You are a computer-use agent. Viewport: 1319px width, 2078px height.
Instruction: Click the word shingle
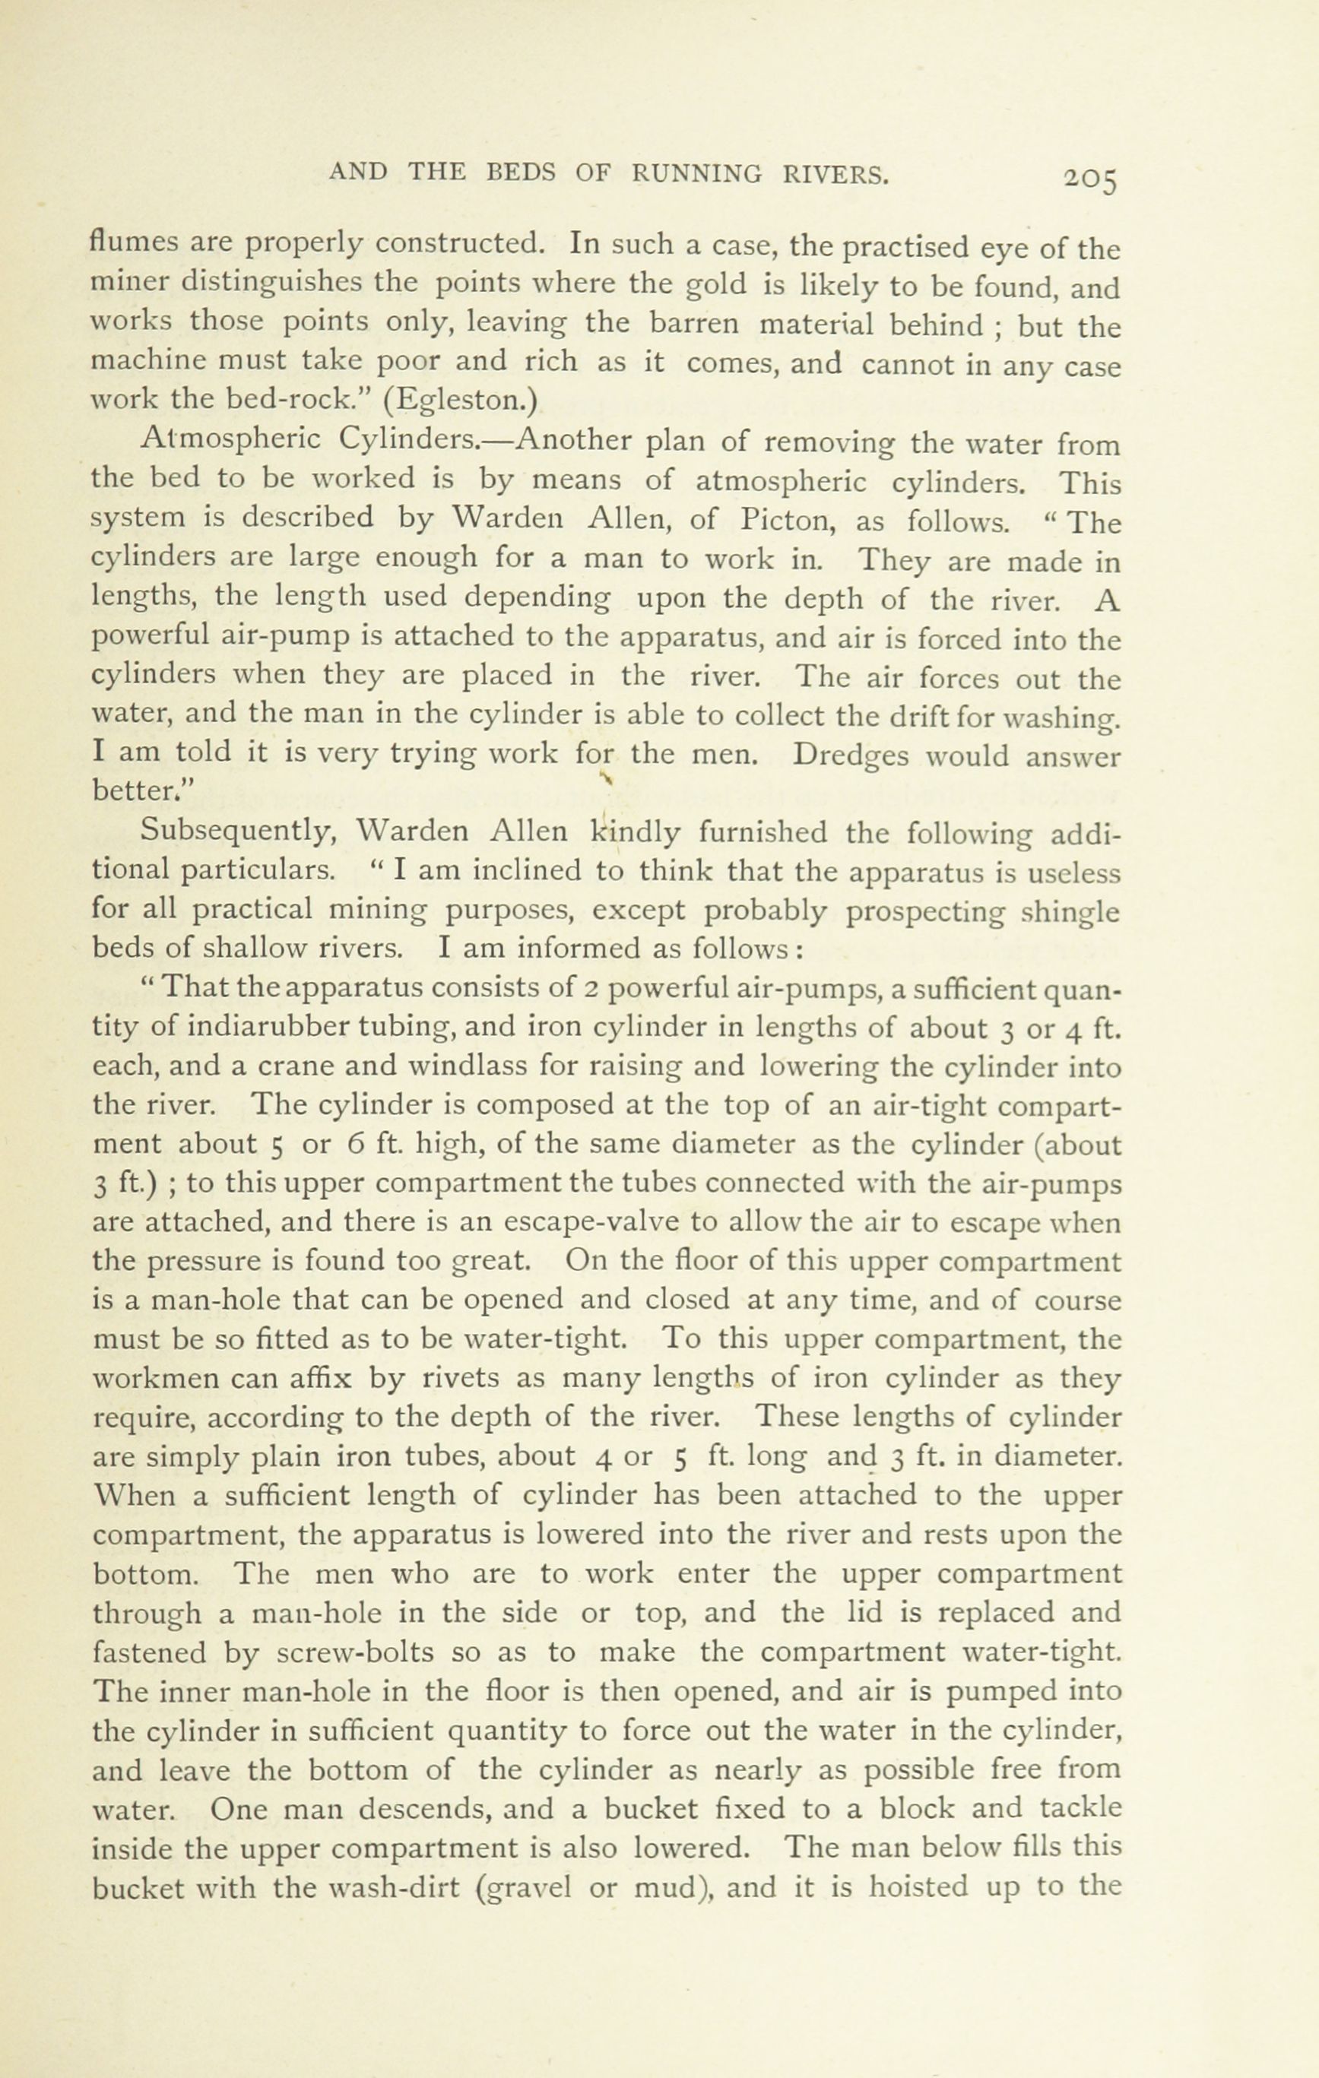[x=1070, y=911]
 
